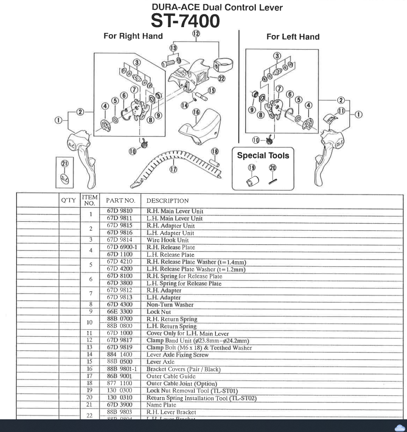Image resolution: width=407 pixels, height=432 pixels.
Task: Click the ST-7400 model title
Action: tap(185, 21)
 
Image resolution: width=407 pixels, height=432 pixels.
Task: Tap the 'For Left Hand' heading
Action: tap(293, 37)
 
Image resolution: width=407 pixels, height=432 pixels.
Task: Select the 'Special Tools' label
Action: tap(263, 155)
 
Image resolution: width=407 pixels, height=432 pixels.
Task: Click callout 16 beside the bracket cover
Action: tap(196, 112)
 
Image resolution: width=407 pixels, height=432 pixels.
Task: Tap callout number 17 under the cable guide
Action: tap(173, 169)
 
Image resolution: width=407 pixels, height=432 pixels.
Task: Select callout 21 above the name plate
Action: tap(65, 163)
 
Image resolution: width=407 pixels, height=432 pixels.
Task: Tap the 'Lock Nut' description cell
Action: tap(159, 312)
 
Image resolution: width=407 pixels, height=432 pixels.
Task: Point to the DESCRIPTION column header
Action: tap(167, 200)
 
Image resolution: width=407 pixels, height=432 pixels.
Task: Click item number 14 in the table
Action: tap(90, 355)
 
